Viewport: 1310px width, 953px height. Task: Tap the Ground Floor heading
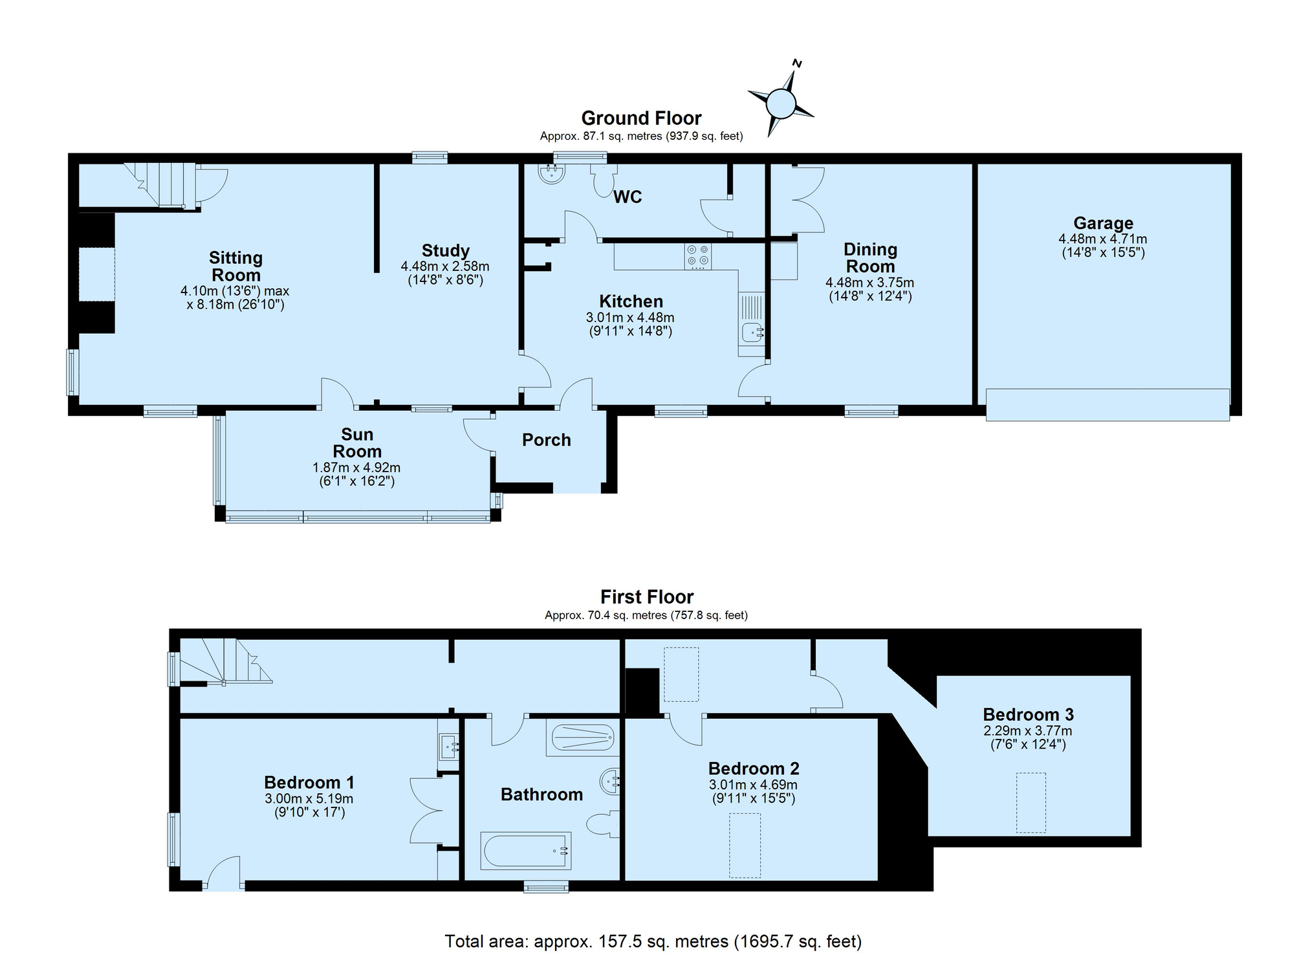641,118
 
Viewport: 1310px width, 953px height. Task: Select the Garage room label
1103,223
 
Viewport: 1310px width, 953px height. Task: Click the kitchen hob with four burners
698,256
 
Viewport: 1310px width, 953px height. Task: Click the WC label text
628,197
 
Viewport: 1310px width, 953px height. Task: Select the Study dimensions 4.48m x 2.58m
445,266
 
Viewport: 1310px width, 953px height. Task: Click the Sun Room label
357,443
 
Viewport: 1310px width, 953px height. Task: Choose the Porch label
547,440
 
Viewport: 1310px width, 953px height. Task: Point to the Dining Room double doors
808,199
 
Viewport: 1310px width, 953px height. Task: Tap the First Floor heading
647,597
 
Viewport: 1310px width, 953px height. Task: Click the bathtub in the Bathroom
526,850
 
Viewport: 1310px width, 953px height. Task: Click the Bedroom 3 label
1028,714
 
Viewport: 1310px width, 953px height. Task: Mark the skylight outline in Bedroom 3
1031,803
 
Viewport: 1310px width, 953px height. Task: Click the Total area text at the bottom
653,941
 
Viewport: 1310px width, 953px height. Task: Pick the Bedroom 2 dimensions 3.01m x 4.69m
753,785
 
